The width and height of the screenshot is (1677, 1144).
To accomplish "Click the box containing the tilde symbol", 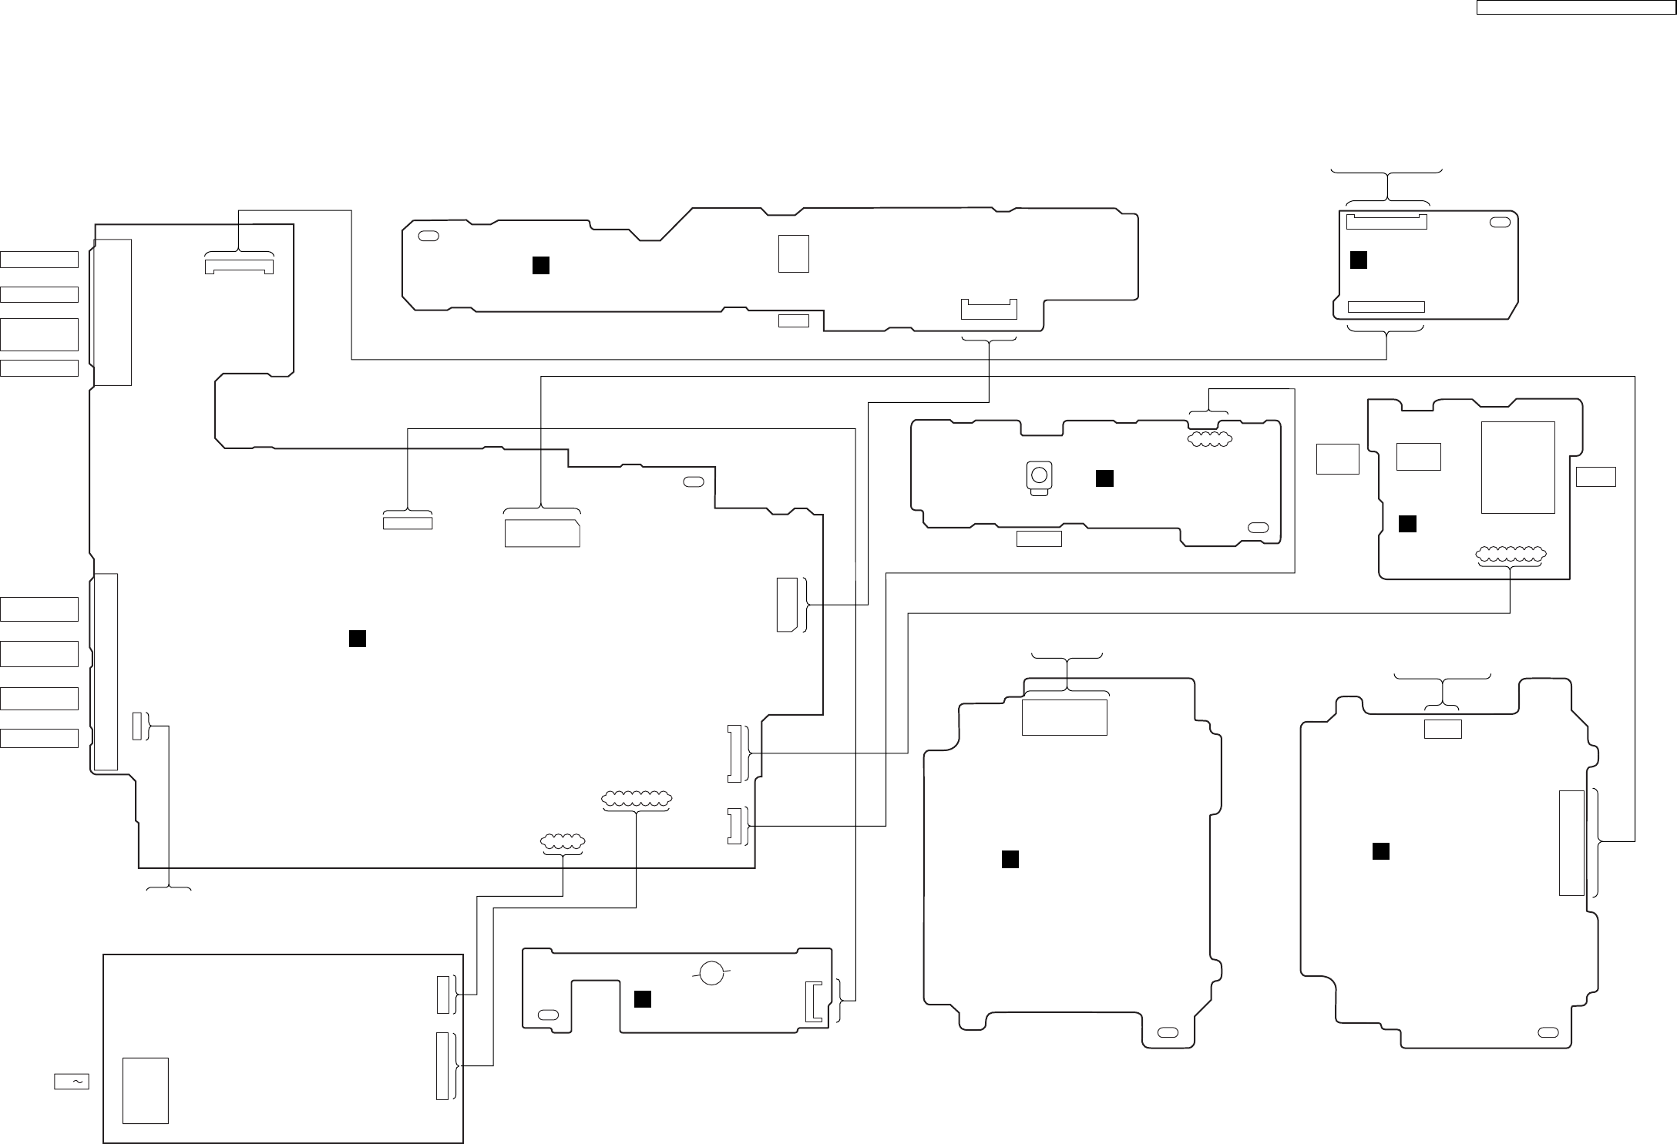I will [x=72, y=1082].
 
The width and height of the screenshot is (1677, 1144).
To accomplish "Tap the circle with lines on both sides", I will [x=712, y=973].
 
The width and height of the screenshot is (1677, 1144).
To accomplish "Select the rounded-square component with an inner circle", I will [x=1039, y=476].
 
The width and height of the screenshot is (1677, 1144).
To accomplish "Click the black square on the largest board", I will [x=357, y=639].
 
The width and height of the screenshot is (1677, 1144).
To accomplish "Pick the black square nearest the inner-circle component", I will [x=1104, y=478].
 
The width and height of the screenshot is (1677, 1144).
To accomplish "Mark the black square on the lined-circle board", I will [x=642, y=999].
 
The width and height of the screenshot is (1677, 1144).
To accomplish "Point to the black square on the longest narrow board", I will [x=541, y=265].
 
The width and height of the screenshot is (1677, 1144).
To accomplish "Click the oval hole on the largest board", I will [x=694, y=481].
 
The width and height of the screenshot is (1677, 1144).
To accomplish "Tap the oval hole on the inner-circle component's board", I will [x=1258, y=528].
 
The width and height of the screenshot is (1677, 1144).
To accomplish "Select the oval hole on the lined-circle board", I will [x=549, y=1014].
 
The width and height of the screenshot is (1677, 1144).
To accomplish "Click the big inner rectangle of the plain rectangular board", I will [x=146, y=1090].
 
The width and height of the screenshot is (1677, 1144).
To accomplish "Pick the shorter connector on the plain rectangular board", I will [x=442, y=995].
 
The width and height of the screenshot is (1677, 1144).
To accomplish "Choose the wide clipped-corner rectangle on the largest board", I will [x=542, y=533].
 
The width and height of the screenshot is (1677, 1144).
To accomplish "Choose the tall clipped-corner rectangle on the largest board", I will [x=787, y=604].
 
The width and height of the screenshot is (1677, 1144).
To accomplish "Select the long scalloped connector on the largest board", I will [x=636, y=800].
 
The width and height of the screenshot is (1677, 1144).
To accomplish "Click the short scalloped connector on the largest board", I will [x=563, y=843].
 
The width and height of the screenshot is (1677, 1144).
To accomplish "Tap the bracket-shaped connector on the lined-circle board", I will [x=813, y=1001].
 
